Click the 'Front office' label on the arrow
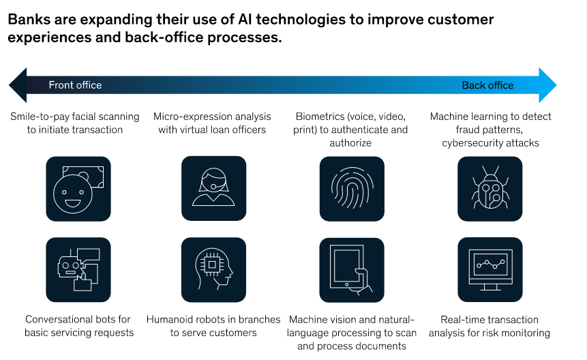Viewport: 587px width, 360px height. (x=75, y=85)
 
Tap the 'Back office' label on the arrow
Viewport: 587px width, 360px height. (x=487, y=85)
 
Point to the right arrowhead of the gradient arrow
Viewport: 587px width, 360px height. (x=547, y=85)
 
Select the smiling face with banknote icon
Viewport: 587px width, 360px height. (x=78, y=189)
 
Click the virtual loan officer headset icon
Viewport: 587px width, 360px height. (x=213, y=189)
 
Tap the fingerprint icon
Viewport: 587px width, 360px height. (x=352, y=189)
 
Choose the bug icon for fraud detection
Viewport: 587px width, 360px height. (x=490, y=189)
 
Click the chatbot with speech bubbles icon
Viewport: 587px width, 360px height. (x=78, y=269)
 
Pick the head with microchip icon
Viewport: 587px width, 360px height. (x=213, y=269)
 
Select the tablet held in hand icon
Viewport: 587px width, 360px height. (x=352, y=269)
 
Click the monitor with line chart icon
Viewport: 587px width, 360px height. (x=490, y=269)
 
